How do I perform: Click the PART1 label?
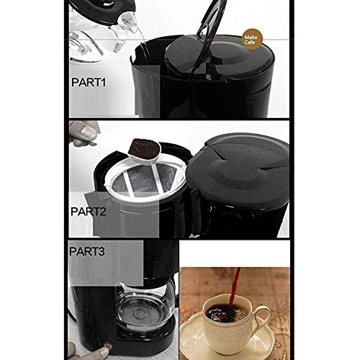89,83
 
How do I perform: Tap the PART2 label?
89,212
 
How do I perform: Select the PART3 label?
89,253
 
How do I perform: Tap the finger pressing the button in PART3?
101,351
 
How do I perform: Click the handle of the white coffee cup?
261,317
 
